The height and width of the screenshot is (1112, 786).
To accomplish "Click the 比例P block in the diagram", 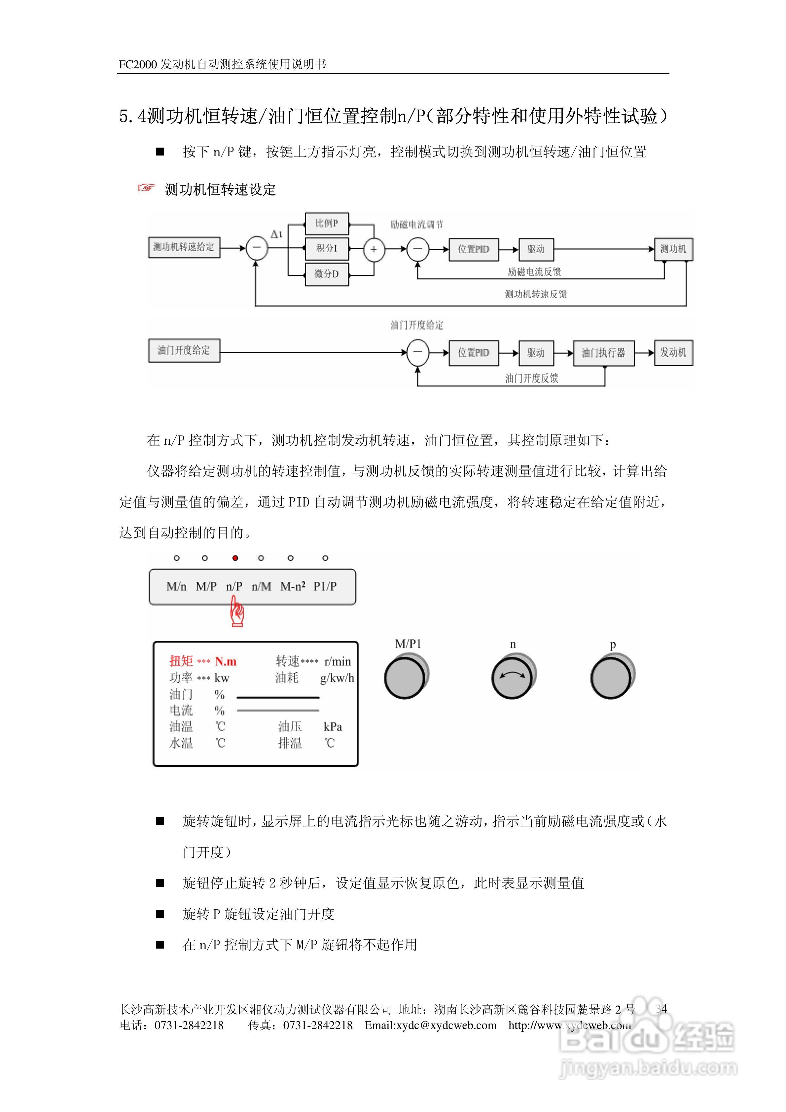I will click(x=327, y=223).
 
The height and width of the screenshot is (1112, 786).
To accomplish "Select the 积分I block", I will click(x=327, y=249).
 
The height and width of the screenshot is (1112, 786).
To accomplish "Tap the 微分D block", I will click(x=327, y=274).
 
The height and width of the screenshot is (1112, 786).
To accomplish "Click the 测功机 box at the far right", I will click(x=673, y=249).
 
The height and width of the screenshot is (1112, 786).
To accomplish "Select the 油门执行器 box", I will click(x=603, y=353).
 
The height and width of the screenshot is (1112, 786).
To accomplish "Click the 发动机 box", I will click(x=673, y=353).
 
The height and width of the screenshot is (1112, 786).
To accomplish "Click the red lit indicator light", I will click(x=235, y=558).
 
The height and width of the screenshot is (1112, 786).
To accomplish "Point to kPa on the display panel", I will click(x=333, y=727).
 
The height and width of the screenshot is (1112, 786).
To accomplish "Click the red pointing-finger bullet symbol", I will click(x=146, y=188).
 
